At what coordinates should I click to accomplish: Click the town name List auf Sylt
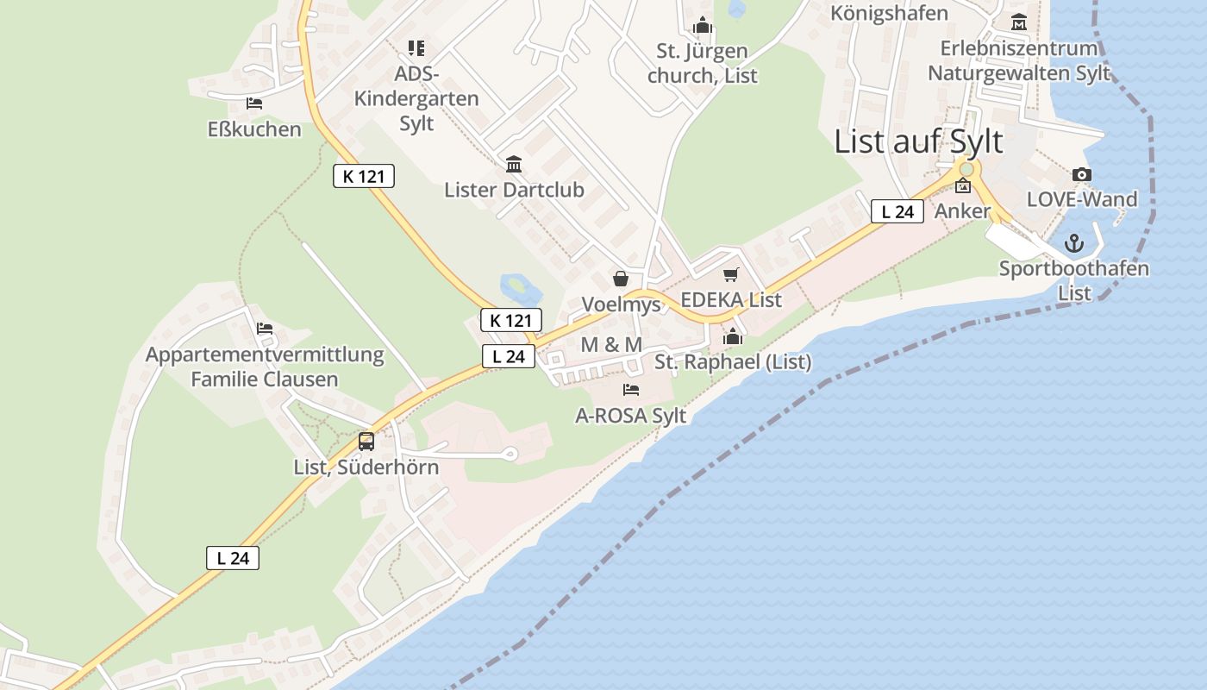(x=918, y=142)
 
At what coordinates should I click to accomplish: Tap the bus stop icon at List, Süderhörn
(x=366, y=442)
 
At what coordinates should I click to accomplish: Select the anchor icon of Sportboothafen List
(x=1073, y=243)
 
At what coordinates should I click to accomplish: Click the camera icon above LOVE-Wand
(x=1082, y=175)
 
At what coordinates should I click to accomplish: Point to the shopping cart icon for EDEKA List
(x=731, y=275)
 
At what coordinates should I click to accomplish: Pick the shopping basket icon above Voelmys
(x=620, y=279)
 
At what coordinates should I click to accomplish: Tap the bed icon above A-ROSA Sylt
(x=631, y=390)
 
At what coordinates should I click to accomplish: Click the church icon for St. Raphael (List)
(x=733, y=336)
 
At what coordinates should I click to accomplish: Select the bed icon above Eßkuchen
(x=254, y=103)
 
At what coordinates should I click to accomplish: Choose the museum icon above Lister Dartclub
(x=514, y=164)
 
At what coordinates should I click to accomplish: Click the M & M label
(x=611, y=345)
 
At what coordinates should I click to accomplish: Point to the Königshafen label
(x=889, y=13)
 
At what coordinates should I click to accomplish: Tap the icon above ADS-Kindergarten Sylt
(x=416, y=48)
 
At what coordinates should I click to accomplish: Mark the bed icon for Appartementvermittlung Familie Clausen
(x=265, y=329)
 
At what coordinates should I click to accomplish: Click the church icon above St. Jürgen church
(x=703, y=26)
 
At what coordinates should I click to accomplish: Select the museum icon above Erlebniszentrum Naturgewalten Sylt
(x=1019, y=22)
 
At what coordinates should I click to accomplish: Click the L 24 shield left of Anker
(x=897, y=211)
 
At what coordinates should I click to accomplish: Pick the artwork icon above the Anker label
(x=963, y=185)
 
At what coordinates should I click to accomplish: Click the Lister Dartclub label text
(x=514, y=190)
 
